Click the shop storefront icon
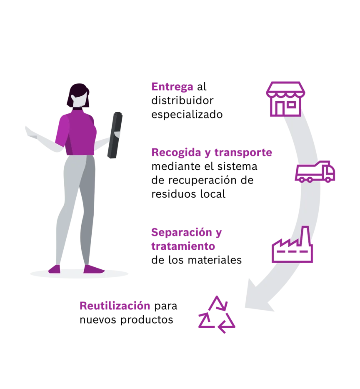coord(285,99)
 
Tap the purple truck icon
coord(315,172)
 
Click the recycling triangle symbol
coord(217,314)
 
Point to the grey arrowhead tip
coord(245,307)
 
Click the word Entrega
coord(172,87)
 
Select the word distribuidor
coord(182,100)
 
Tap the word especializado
coord(187,115)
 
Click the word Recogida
coord(176,153)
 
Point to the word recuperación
coord(211,180)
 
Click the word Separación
coord(182,233)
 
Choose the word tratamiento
coord(183,246)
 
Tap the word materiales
coord(215,260)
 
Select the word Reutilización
coord(115,306)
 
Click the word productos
coord(147,320)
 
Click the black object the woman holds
coord(115,135)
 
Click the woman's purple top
coord(76,133)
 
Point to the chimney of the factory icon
coord(305,235)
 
